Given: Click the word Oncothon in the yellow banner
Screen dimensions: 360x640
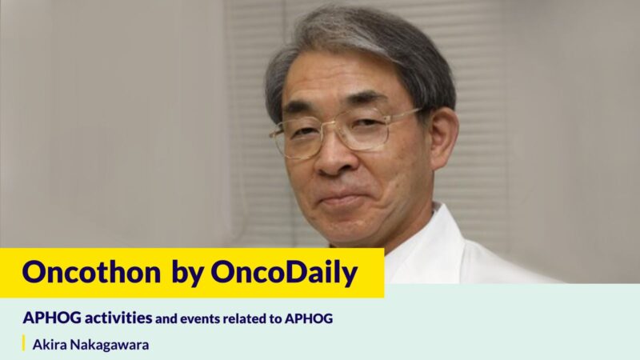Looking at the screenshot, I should [x=90, y=273].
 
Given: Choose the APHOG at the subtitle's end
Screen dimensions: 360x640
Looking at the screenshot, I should [x=312, y=318].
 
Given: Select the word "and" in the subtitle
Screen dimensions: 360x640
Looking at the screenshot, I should [x=166, y=318].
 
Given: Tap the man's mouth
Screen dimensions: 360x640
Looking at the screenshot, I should [x=346, y=197].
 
